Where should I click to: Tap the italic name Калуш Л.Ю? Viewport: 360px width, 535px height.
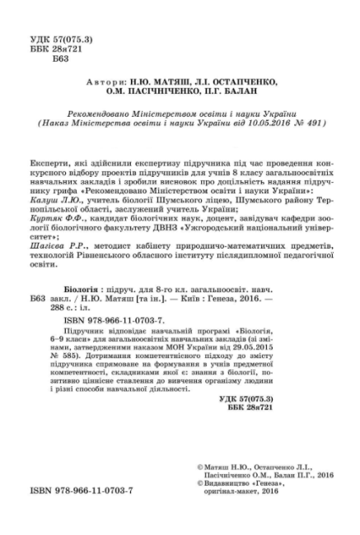click(x=72, y=199)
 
